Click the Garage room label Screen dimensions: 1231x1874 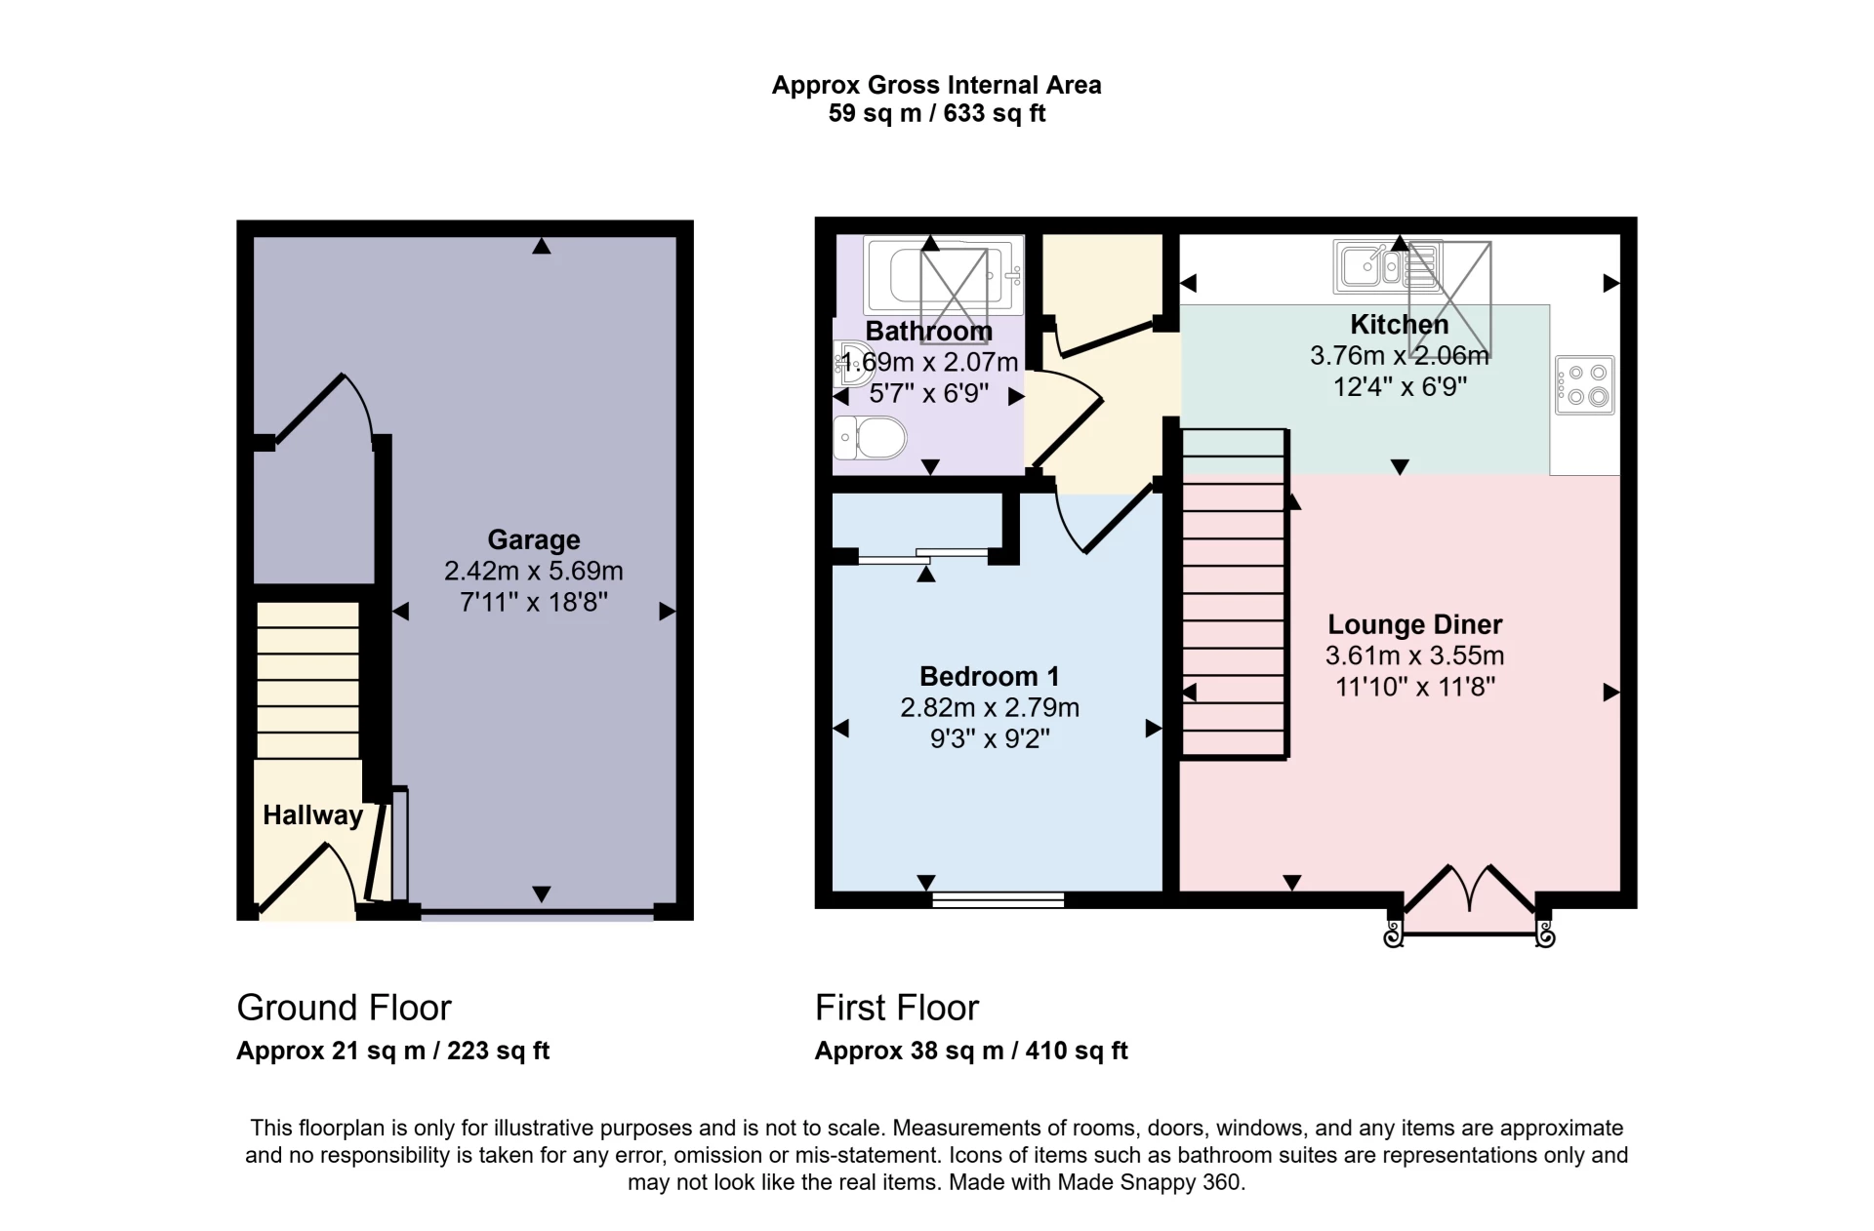coord(533,539)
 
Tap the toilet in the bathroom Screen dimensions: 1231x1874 coord(872,437)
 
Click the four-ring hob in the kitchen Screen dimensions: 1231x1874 coord(1585,385)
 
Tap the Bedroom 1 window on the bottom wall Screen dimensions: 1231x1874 coord(998,899)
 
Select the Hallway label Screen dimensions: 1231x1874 coord(312,815)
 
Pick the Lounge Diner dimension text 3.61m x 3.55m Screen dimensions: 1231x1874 coord(1414,655)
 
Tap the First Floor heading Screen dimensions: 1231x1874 coord(896,1008)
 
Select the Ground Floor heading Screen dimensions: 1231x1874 coord(344,1008)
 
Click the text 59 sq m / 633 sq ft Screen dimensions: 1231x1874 coord(936,113)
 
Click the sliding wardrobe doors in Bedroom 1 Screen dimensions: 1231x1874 coord(922,557)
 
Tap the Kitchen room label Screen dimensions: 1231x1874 coord(1399,324)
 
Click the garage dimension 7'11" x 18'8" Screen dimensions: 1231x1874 coord(533,602)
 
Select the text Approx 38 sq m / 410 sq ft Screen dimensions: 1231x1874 coord(970,1051)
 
